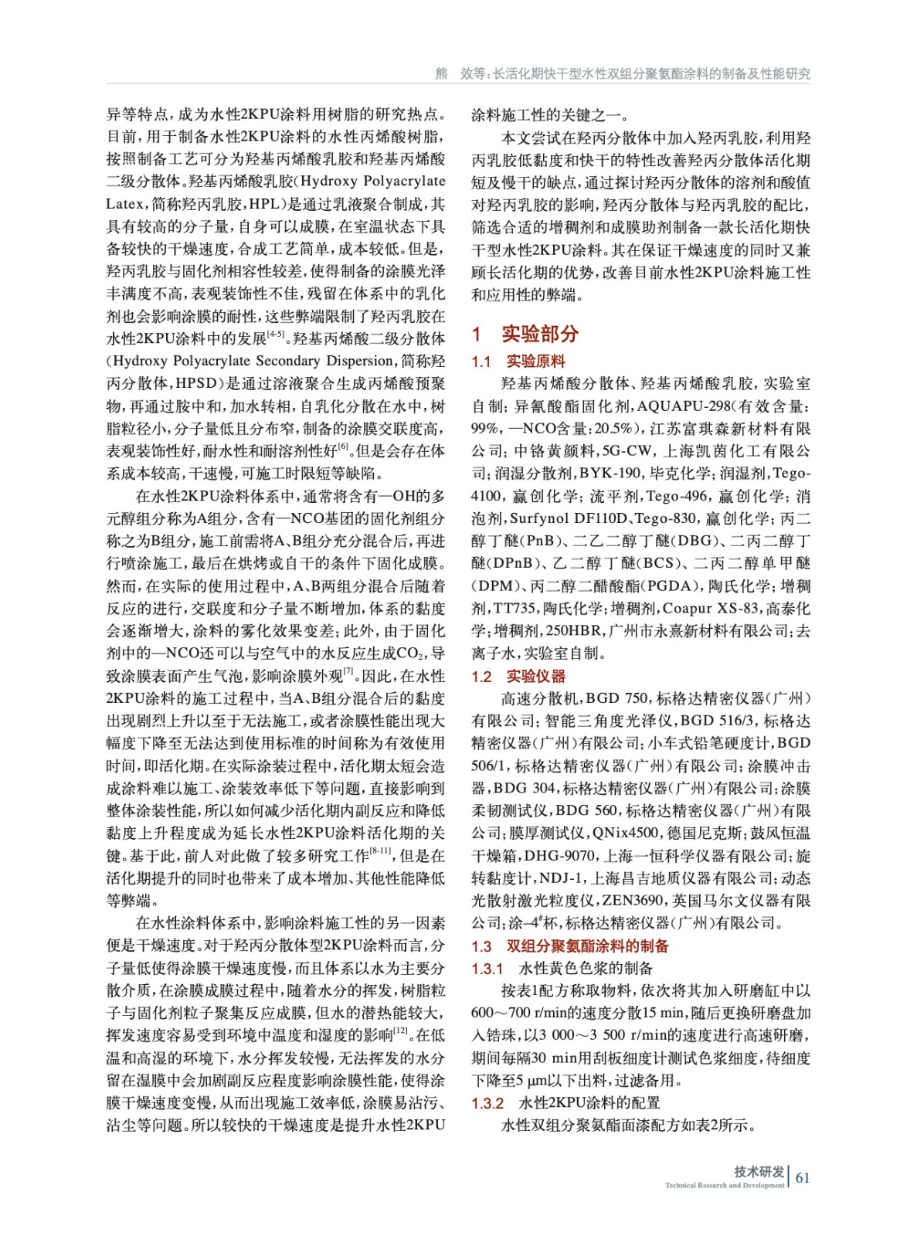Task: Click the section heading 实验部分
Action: pyautogui.click(x=539, y=334)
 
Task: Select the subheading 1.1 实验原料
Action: pyautogui.click(x=518, y=362)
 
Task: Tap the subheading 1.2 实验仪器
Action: pyautogui.click(x=518, y=677)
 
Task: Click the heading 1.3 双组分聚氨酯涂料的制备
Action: pyautogui.click(x=570, y=946)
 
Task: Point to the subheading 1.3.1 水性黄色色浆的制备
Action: pyautogui.click(x=562, y=969)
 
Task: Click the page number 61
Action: pyautogui.click(x=803, y=1177)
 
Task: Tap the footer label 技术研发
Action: pyautogui.click(x=759, y=1171)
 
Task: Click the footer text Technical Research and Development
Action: pyautogui.click(x=724, y=1185)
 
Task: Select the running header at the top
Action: pyautogui.click(x=623, y=73)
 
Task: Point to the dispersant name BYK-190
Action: pyautogui.click(x=610, y=474)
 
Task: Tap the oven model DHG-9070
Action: pyautogui.click(x=560, y=856)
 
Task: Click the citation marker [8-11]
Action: pyautogui.click(x=380, y=851)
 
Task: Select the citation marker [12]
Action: pyautogui.click(x=401, y=1031)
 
